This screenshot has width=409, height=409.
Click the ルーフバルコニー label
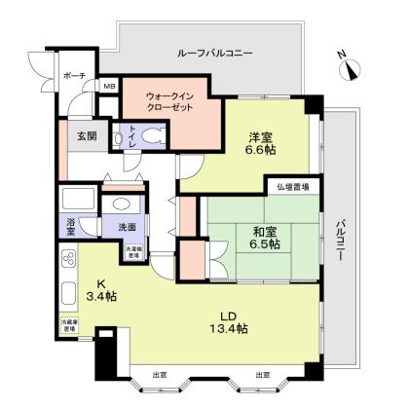[x=214, y=54]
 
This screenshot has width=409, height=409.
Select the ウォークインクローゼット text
[x=170, y=100]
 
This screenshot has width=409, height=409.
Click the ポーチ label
[x=74, y=75]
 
